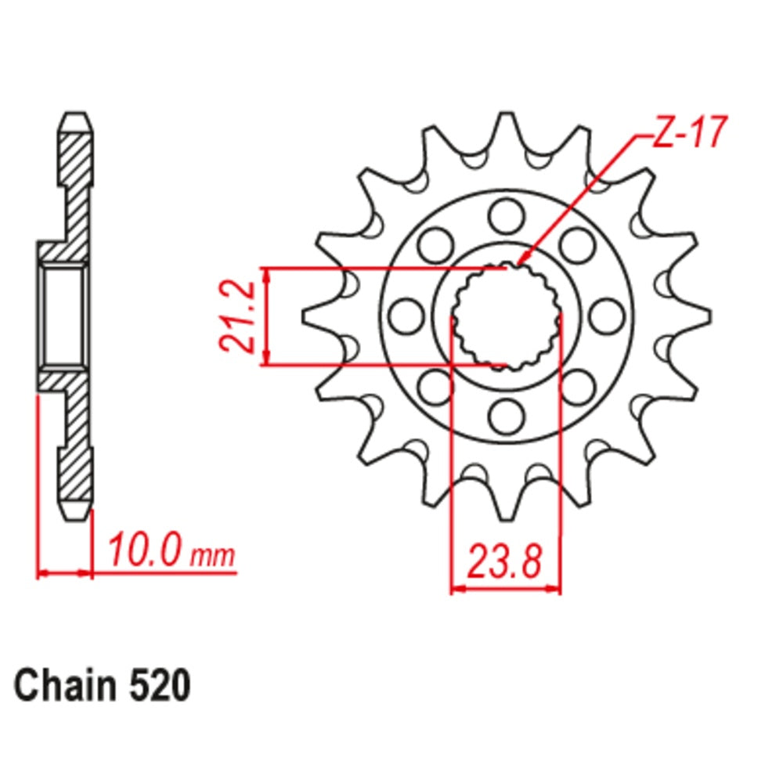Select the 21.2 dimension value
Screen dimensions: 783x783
point(236,316)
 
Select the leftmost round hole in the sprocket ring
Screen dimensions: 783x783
point(405,315)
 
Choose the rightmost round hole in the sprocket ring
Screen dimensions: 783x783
point(604,315)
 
